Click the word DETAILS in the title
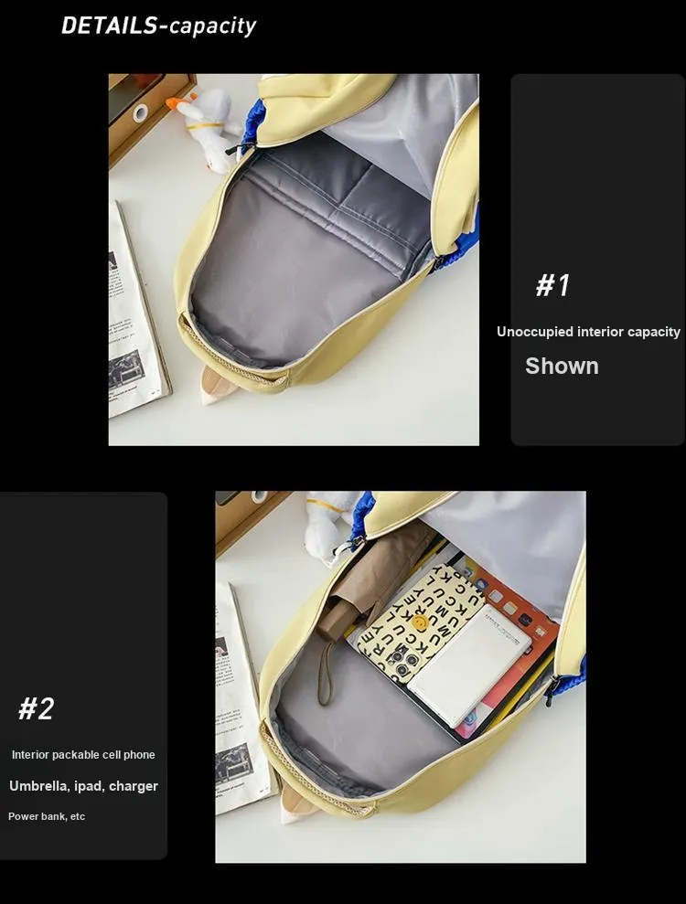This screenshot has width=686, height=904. tap(109, 26)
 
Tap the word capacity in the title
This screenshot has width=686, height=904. tap(213, 27)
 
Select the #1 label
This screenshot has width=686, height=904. tap(552, 285)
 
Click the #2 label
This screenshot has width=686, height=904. tap(37, 708)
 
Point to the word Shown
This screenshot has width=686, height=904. tap(562, 367)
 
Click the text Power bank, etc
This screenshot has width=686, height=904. tap(47, 816)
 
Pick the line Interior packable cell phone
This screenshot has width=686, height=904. tap(83, 755)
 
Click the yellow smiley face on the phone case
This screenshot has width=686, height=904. tap(420, 622)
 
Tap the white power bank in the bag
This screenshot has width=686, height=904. tap(468, 665)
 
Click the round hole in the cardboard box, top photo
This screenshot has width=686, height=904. tap(140, 112)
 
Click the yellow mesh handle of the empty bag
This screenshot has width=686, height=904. tap(230, 356)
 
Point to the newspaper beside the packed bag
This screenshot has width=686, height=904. tap(242, 697)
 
